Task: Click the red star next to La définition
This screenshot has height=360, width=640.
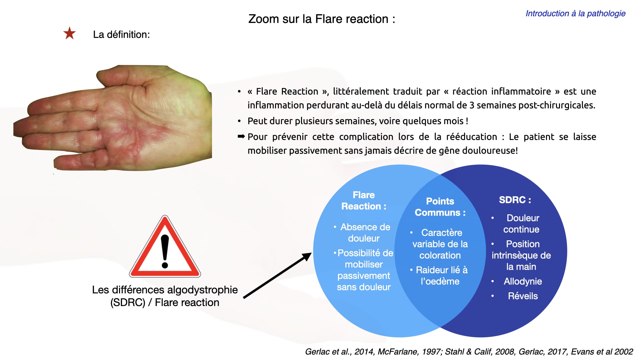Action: (70, 33)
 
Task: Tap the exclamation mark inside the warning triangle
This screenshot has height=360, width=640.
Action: (165, 251)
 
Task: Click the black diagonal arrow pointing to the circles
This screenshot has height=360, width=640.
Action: (277, 276)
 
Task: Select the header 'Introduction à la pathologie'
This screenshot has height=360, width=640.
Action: (575, 13)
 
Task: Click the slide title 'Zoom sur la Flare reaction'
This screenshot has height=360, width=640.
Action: (322, 19)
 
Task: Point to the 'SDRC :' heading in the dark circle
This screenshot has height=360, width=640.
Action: (515, 200)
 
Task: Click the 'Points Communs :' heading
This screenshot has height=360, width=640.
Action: (440, 207)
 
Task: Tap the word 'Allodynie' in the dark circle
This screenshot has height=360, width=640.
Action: (523, 281)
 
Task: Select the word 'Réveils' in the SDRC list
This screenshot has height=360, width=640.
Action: (523, 296)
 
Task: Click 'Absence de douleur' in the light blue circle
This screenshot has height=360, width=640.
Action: (364, 233)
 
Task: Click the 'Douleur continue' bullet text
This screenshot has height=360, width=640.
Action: (522, 224)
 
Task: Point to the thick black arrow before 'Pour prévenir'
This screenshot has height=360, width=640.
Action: (241, 136)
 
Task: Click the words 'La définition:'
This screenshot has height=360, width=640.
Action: (121, 34)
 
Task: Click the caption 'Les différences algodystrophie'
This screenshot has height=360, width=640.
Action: (165, 290)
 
